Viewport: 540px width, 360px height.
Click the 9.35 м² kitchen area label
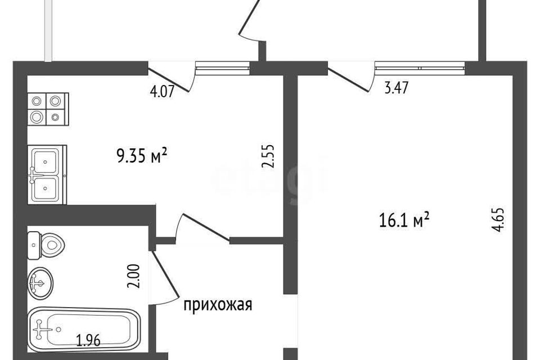point(142,155)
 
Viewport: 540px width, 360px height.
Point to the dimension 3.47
point(395,88)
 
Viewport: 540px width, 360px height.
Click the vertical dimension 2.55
point(268,157)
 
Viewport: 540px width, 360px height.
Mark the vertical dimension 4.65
point(502,223)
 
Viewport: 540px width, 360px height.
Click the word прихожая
point(218,305)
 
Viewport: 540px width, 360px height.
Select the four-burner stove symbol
point(47,109)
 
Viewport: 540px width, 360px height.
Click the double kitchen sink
point(47,173)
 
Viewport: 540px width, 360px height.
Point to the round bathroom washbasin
point(41,285)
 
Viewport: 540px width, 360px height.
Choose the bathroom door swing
point(163,278)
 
